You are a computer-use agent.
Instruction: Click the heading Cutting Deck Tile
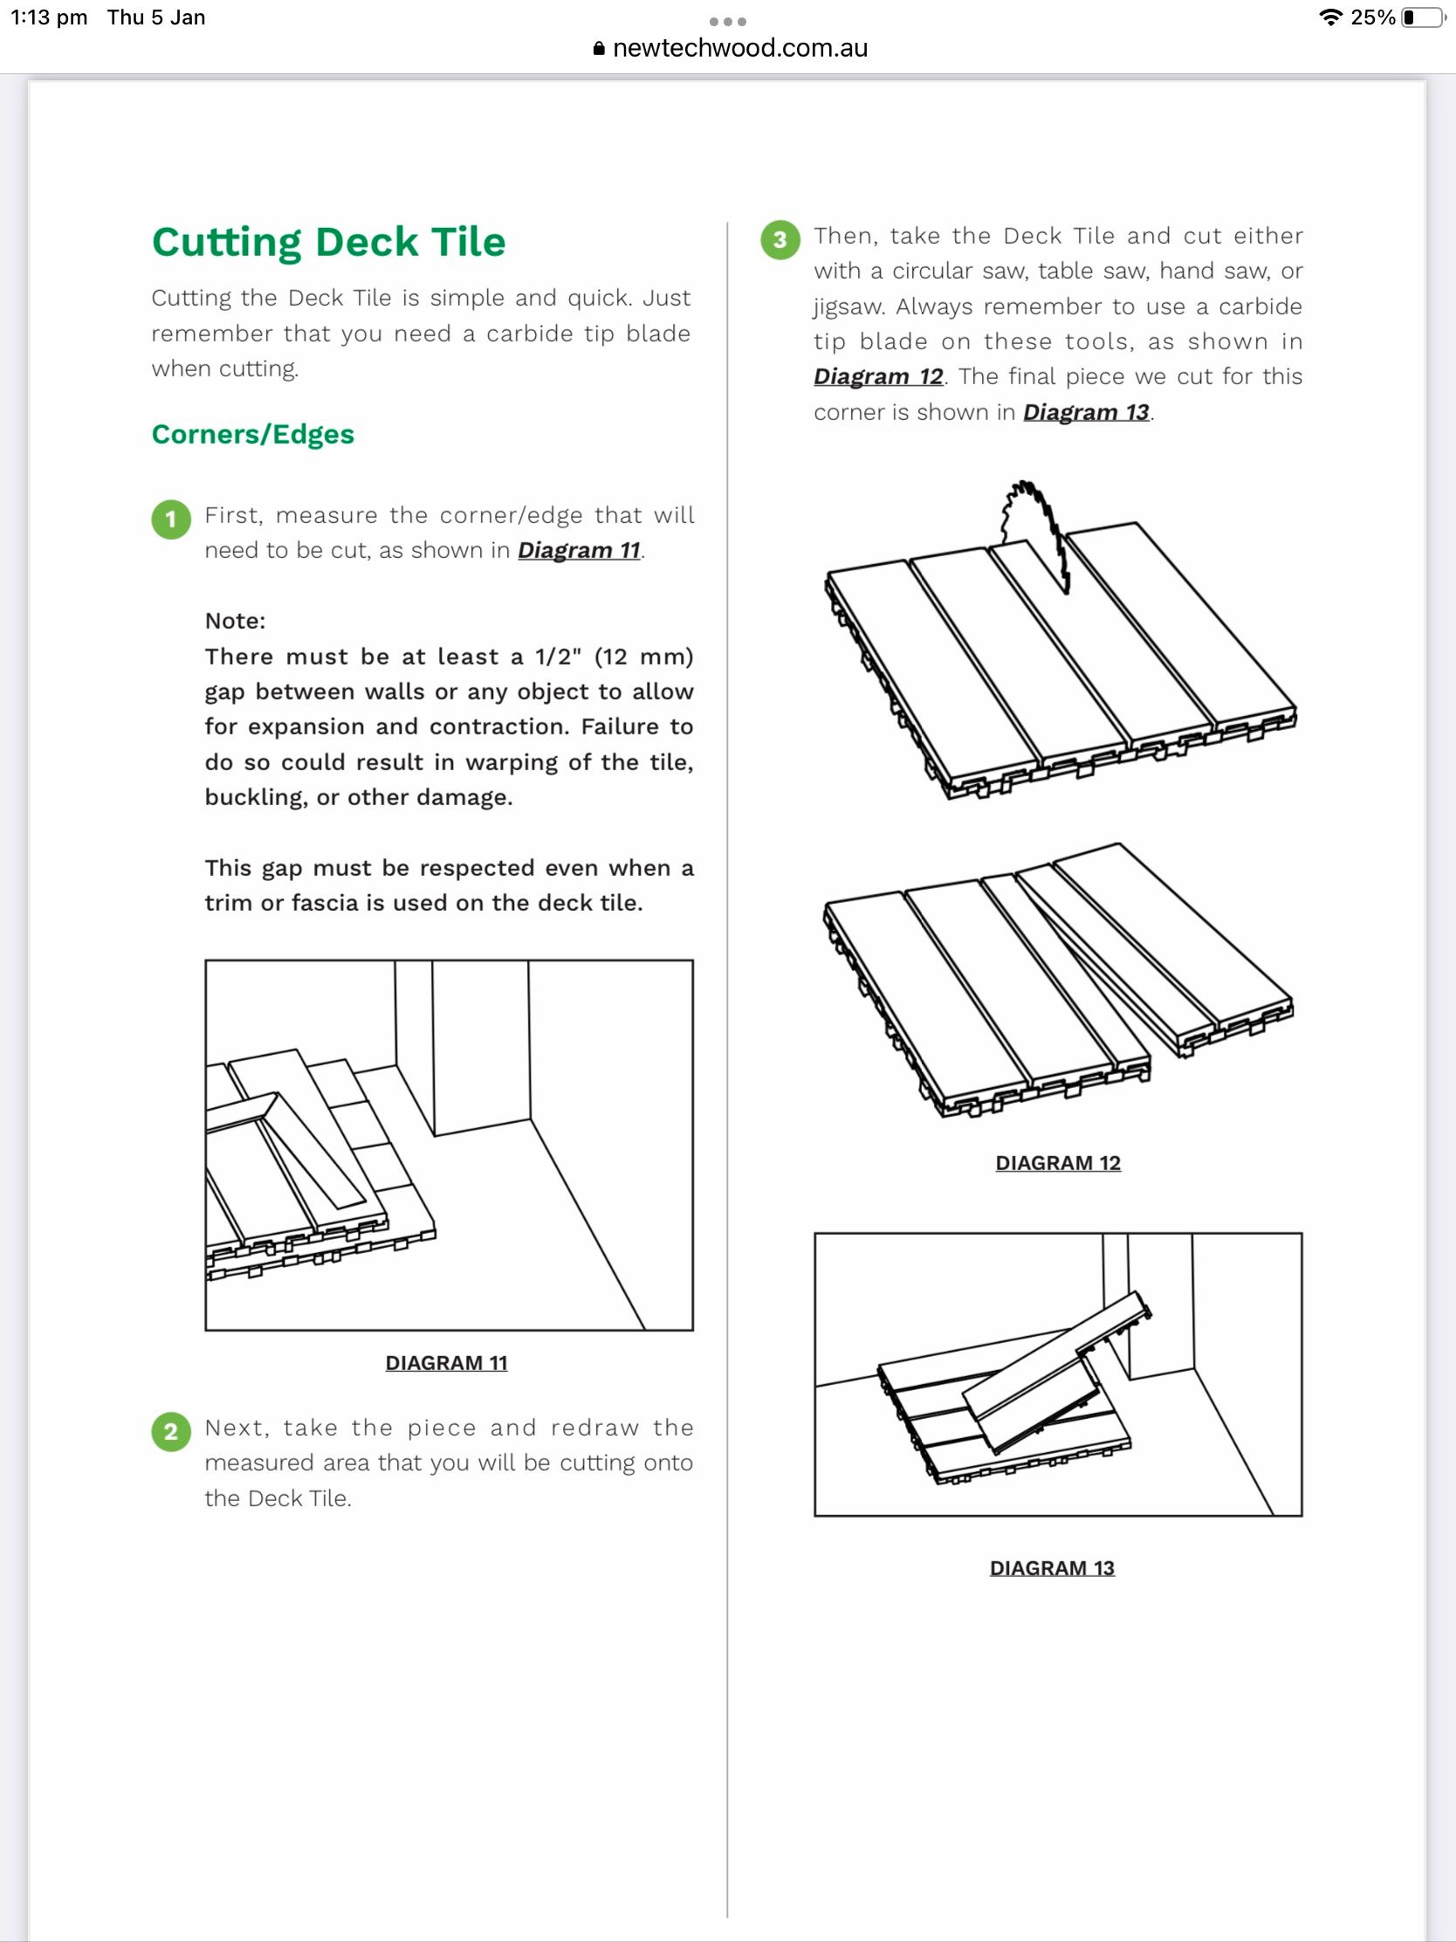(328, 242)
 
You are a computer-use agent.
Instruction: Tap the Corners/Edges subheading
(253, 435)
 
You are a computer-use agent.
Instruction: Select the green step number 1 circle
(171, 519)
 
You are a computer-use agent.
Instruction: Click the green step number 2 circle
(171, 1432)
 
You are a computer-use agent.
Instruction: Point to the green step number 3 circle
(780, 239)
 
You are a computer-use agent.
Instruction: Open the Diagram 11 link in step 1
(580, 550)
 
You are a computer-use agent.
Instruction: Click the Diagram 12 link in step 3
(877, 376)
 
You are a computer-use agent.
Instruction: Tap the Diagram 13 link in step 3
(1086, 413)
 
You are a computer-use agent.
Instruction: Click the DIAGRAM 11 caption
(447, 1363)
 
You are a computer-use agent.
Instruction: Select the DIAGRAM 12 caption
(1058, 1163)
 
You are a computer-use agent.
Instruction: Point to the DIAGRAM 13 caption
(1053, 1569)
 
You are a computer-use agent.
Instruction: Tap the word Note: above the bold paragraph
(235, 622)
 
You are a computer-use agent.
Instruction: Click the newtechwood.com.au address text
(740, 48)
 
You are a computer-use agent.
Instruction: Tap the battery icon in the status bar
(1423, 17)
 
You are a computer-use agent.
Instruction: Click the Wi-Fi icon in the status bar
(1331, 17)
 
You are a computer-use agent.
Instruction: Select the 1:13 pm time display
(49, 17)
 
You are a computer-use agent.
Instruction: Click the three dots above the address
(727, 21)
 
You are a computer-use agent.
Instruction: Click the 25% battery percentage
(1372, 17)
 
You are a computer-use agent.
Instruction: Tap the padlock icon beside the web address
(600, 49)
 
